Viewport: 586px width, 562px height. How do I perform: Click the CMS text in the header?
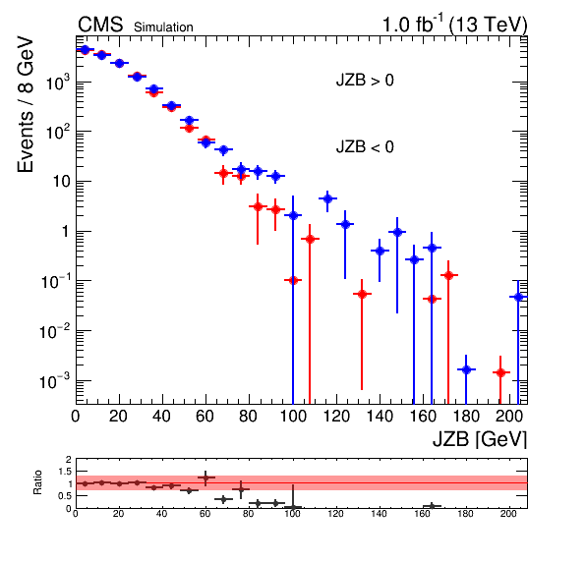pyautogui.click(x=100, y=25)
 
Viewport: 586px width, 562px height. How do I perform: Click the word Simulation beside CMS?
pyautogui.click(x=163, y=28)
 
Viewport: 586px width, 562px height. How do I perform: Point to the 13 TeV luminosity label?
pyautogui.click(x=454, y=25)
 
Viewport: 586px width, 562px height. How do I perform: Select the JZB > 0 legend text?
pyautogui.click(x=365, y=81)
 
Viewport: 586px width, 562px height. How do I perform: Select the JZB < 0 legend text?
pyautogui.click(x=365, y=146)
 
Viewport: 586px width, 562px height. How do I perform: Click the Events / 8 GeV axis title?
pyautogui.click(x=26, y=104)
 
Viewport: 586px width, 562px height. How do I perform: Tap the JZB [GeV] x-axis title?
pyautogui.click(x=480, y=439)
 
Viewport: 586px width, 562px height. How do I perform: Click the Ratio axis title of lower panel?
pyautogui.click(x=37, y=482)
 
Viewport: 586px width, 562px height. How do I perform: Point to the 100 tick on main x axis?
pyautogui.click(x=293, y=416)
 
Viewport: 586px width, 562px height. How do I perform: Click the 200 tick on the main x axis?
pyautogui.click(x=508, y=416)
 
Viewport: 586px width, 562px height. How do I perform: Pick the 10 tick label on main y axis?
pyautogui.click(x=61, y=182)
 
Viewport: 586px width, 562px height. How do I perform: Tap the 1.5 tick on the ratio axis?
pyautogui.click(x=65, y=472)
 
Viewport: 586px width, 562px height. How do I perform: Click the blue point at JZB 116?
pyautogui.click(x=327, y=198)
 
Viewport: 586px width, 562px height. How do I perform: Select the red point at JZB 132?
pyautogui.click(x=362, y=294)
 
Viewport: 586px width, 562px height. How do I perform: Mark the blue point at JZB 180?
pyautogui.click(x=466, y=369)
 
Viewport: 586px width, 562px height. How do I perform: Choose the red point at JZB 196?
pyautogui.click(x=500, y=372)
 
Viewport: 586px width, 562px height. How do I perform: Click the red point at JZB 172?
pyautogui.click(x=448, y=275)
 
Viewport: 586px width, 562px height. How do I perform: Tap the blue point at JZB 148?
pyautogui.click(x=397, y=232)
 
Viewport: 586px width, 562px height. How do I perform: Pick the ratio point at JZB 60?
pyautogui.click(x=205, y=478)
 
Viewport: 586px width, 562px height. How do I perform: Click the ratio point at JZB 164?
pyautogui.click(x=432, y=506)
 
